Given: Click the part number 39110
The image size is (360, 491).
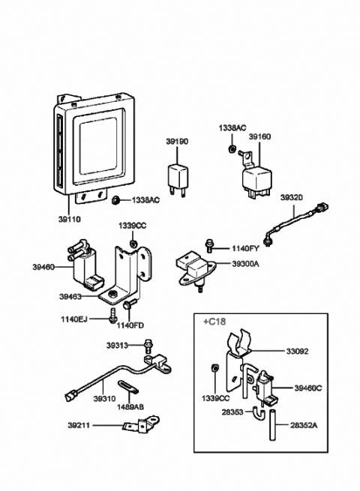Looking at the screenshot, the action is pos(69,219).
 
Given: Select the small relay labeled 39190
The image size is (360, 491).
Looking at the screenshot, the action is pos(177,178).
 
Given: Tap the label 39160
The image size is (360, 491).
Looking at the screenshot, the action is pos(259,136).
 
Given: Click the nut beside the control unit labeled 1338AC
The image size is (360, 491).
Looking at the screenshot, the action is pos(116,199).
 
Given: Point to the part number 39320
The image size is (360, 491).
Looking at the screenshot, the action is pos(292,198).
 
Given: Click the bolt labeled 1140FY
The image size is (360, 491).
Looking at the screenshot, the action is pos(208,246).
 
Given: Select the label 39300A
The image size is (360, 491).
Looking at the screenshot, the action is pos(246,264).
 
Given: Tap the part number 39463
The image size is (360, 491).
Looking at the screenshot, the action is pos(70,296).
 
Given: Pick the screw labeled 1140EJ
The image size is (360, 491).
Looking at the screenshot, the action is pos(112,316).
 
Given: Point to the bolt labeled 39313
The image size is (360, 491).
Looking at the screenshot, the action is pos(147,346).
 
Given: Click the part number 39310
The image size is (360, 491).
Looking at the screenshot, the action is pos(105,399).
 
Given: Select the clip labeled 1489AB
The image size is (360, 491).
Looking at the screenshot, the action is pos(127,386).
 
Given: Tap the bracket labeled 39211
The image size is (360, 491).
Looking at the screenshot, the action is pos(141,424).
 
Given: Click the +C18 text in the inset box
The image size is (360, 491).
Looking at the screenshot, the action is pos(214,322).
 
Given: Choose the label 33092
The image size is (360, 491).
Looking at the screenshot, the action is pos(297,352).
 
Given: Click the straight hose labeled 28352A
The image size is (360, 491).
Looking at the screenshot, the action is pos(272,425).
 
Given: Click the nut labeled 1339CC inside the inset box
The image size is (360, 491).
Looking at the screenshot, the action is pos(214,367).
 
